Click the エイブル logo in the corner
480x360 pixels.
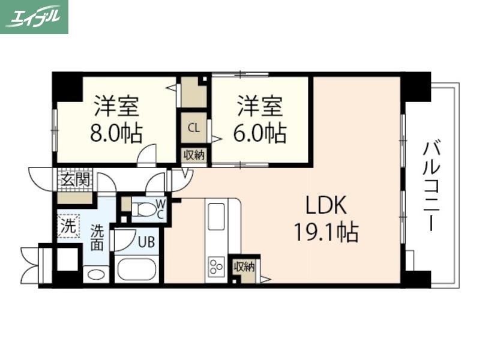pyautogui.click(x=34, y=17)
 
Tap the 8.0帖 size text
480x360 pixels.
pyautogui.click(x=116, y=133)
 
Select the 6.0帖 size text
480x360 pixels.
pyautogui.click(x=260, y=133)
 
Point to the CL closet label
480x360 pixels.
pyautogui.click(x=194, y=127)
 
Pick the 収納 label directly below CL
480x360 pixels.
pyautogui.click(x=194, y=155)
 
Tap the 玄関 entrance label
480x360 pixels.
pyautogui.click(x=74, y=179)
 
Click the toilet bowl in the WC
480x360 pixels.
pyautogui.click(x=143, y=209)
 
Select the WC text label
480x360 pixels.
pyautogui.click(x=160, y=209)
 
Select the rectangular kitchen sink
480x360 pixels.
pyautogui.click(x=215, y=219)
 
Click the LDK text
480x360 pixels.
pyautogui.click(x=326, y=206)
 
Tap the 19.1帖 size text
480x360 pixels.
pyautogui.click(x=326, y=232)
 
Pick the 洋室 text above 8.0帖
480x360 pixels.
pyautogui.click(x=116, y=108)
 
